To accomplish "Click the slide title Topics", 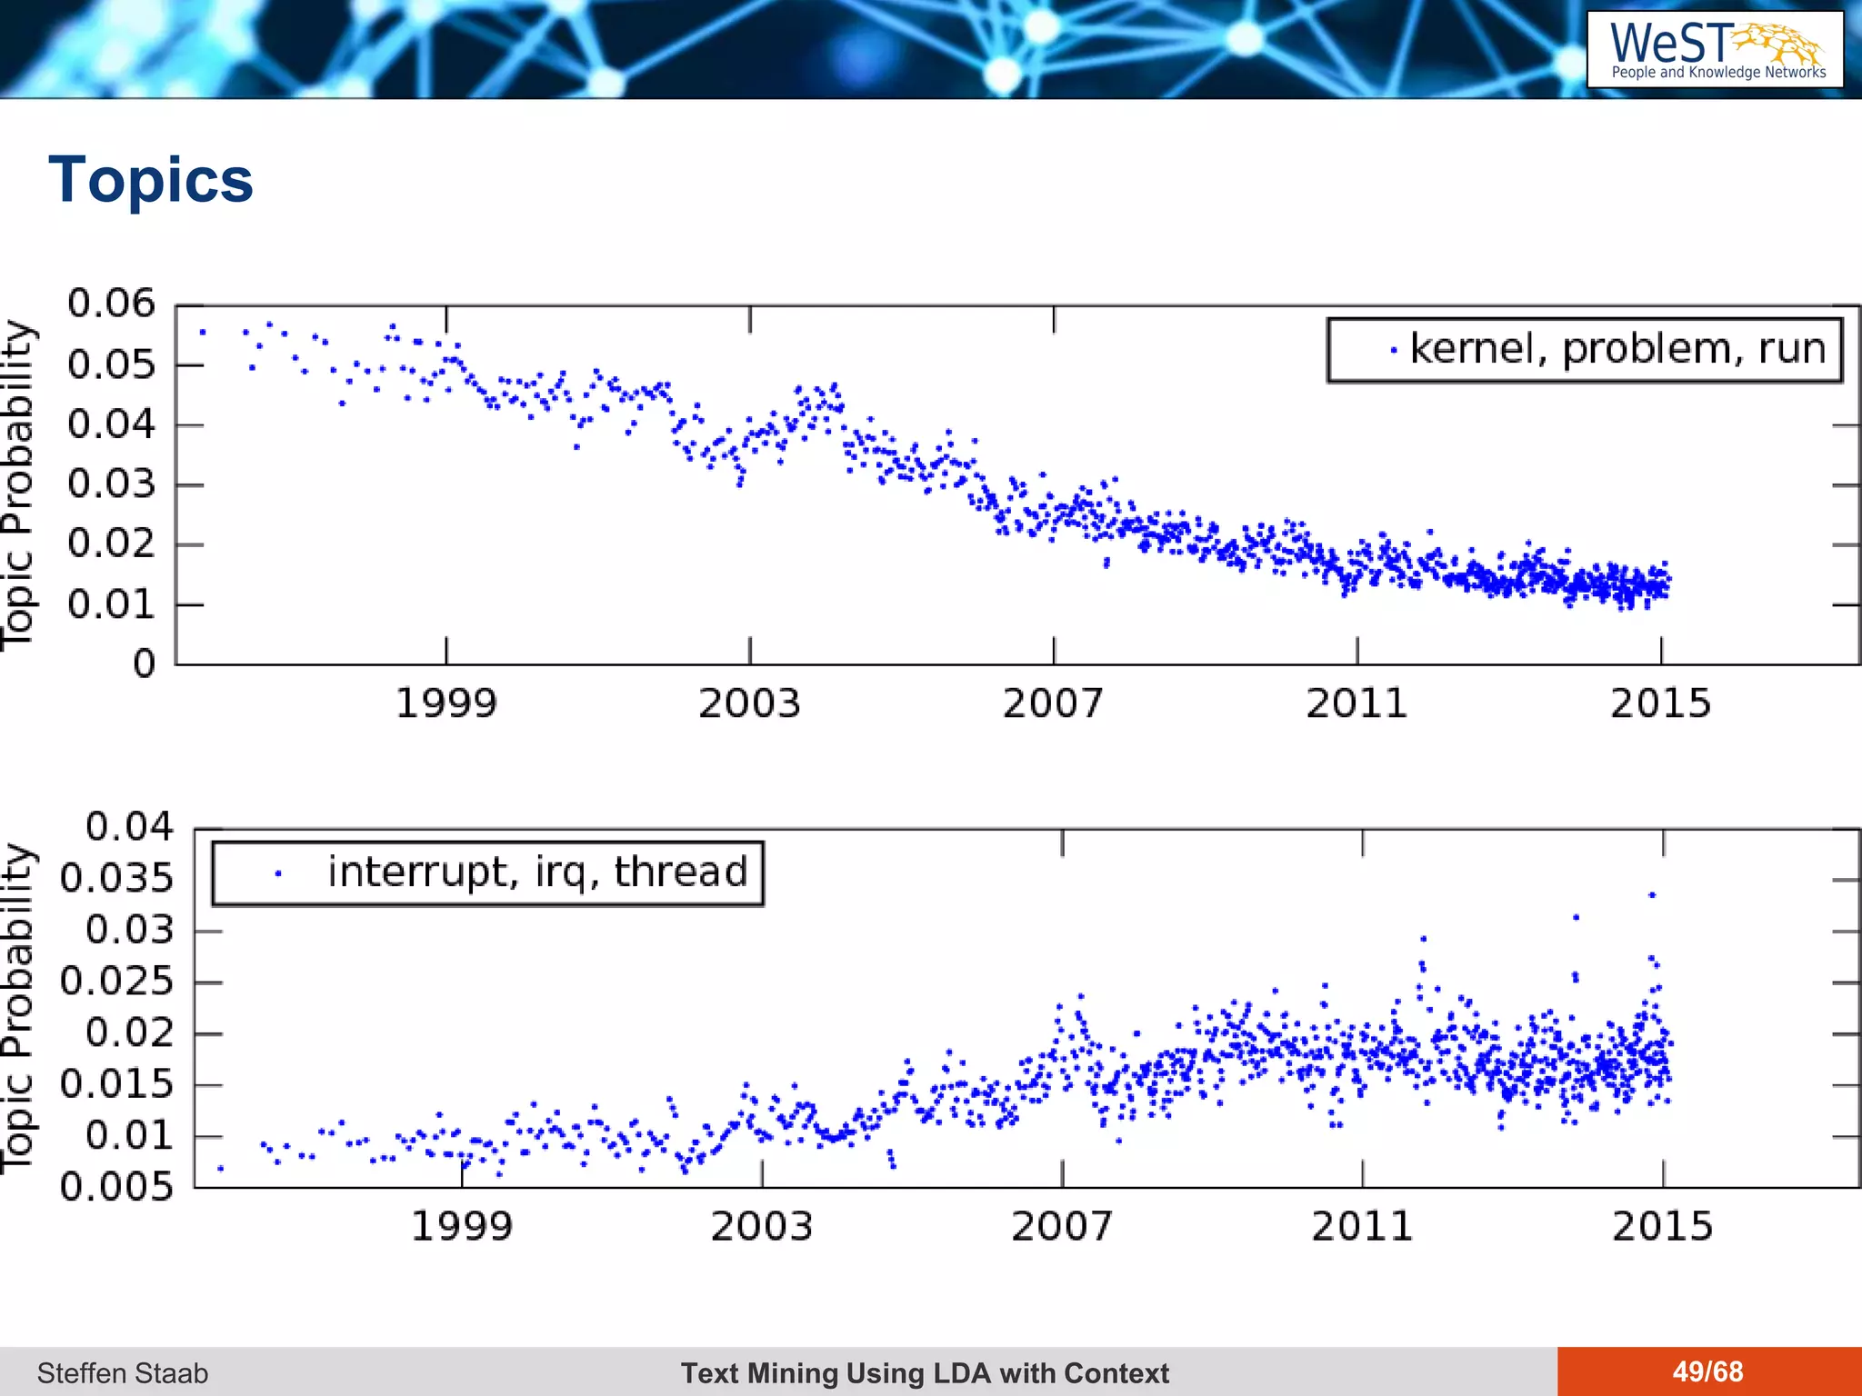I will click(x=151, y=180).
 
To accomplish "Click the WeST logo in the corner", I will click(x=1715, y=49).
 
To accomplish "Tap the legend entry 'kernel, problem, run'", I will click(x=1617, y=349).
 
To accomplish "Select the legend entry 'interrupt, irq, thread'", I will click(x=536, y=872).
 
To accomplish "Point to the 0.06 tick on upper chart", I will click(x=111, y=304).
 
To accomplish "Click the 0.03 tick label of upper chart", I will click(x=111, y=484).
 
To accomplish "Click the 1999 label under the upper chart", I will click(x=445, y=703).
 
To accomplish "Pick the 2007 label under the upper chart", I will click(x=1053, y=703).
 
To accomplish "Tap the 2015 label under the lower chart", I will click(x=1662, y=1227).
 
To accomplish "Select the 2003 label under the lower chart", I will click(x=761, y=1227).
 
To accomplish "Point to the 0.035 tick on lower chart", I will click(x=116, y=879).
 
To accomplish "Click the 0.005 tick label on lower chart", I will click(x=116, y=1187).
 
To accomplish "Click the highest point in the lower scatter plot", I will click(x=1652, y=895).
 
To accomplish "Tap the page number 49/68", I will click(x=1707, y=1371).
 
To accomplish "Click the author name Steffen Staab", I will click(x=123, y=1373).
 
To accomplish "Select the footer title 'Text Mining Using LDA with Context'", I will click(x=925, y=1373).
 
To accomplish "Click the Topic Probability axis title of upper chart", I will click(x=18, y=485).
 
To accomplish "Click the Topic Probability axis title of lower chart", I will click(x=18, y=1009).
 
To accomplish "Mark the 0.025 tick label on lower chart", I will click(x=116, y=982).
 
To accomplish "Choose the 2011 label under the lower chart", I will click(x=1362, y=1227).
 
